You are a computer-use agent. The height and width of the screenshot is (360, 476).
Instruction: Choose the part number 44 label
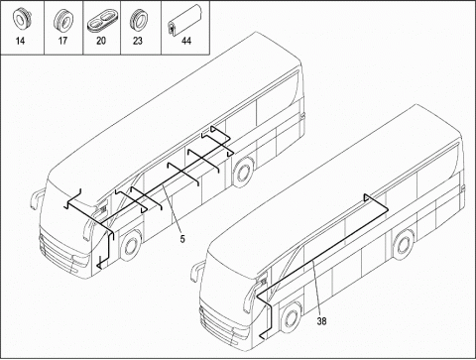pos(186,43)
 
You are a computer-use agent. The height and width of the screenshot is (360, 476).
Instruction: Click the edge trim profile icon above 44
pos(185,18)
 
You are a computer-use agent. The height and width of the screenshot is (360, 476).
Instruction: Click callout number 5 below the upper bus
pos(181,238)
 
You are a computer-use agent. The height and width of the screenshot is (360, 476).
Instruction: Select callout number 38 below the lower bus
pos(321,320)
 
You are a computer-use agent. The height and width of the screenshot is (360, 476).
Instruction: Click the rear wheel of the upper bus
pos(244,172)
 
